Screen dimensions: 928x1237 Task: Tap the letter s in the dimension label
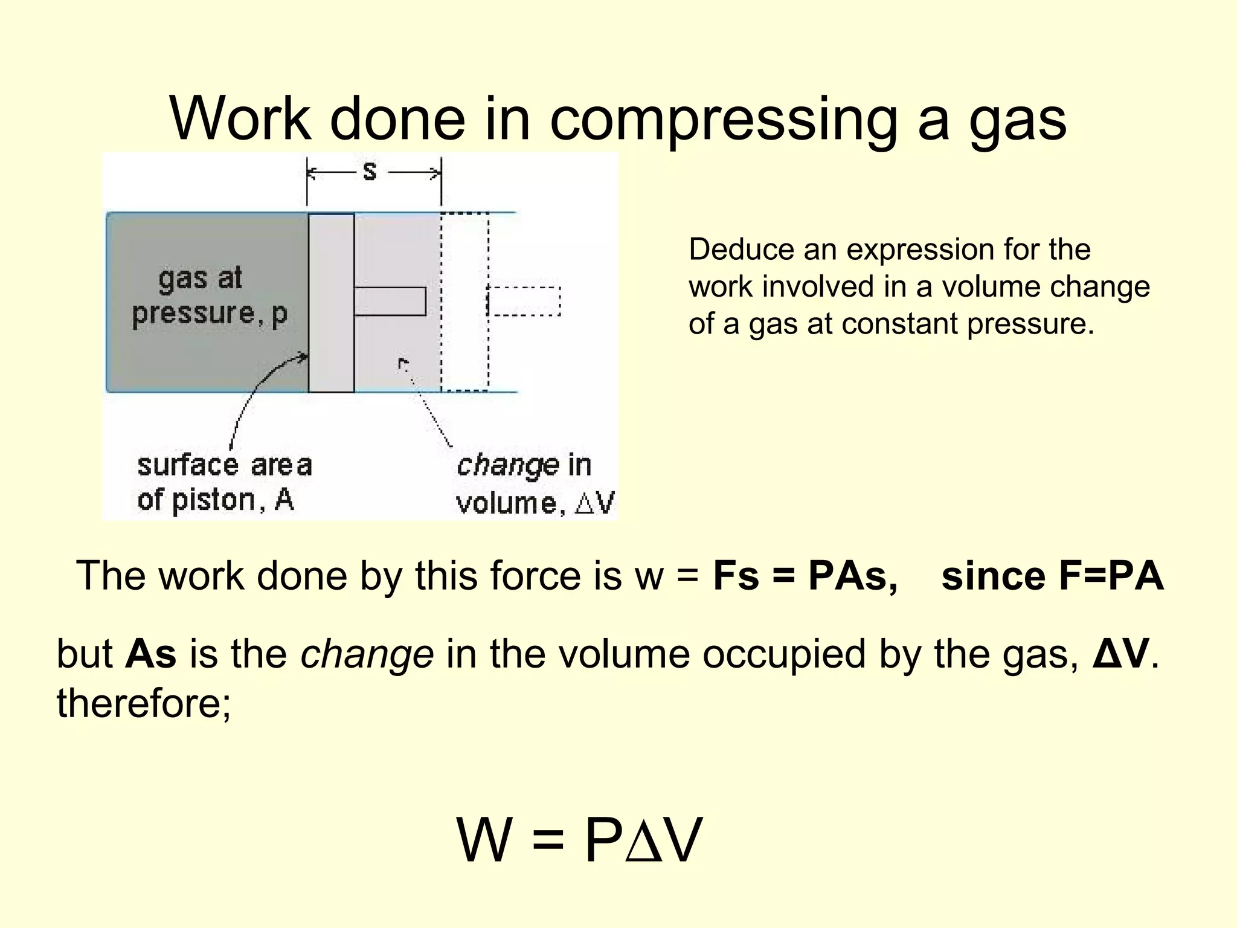(x=370, y=172)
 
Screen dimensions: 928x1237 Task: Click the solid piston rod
(x=390, y=301)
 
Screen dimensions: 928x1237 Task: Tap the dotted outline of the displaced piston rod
(x=524, y=301)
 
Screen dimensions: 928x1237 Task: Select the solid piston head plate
(x=331, y=302)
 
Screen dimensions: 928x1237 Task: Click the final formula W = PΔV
(x=580, y=840)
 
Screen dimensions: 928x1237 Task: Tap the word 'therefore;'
(x=144, y=703)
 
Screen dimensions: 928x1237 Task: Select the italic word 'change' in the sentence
(x=367, y=654)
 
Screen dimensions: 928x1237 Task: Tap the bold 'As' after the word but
(x=151, y=654)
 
